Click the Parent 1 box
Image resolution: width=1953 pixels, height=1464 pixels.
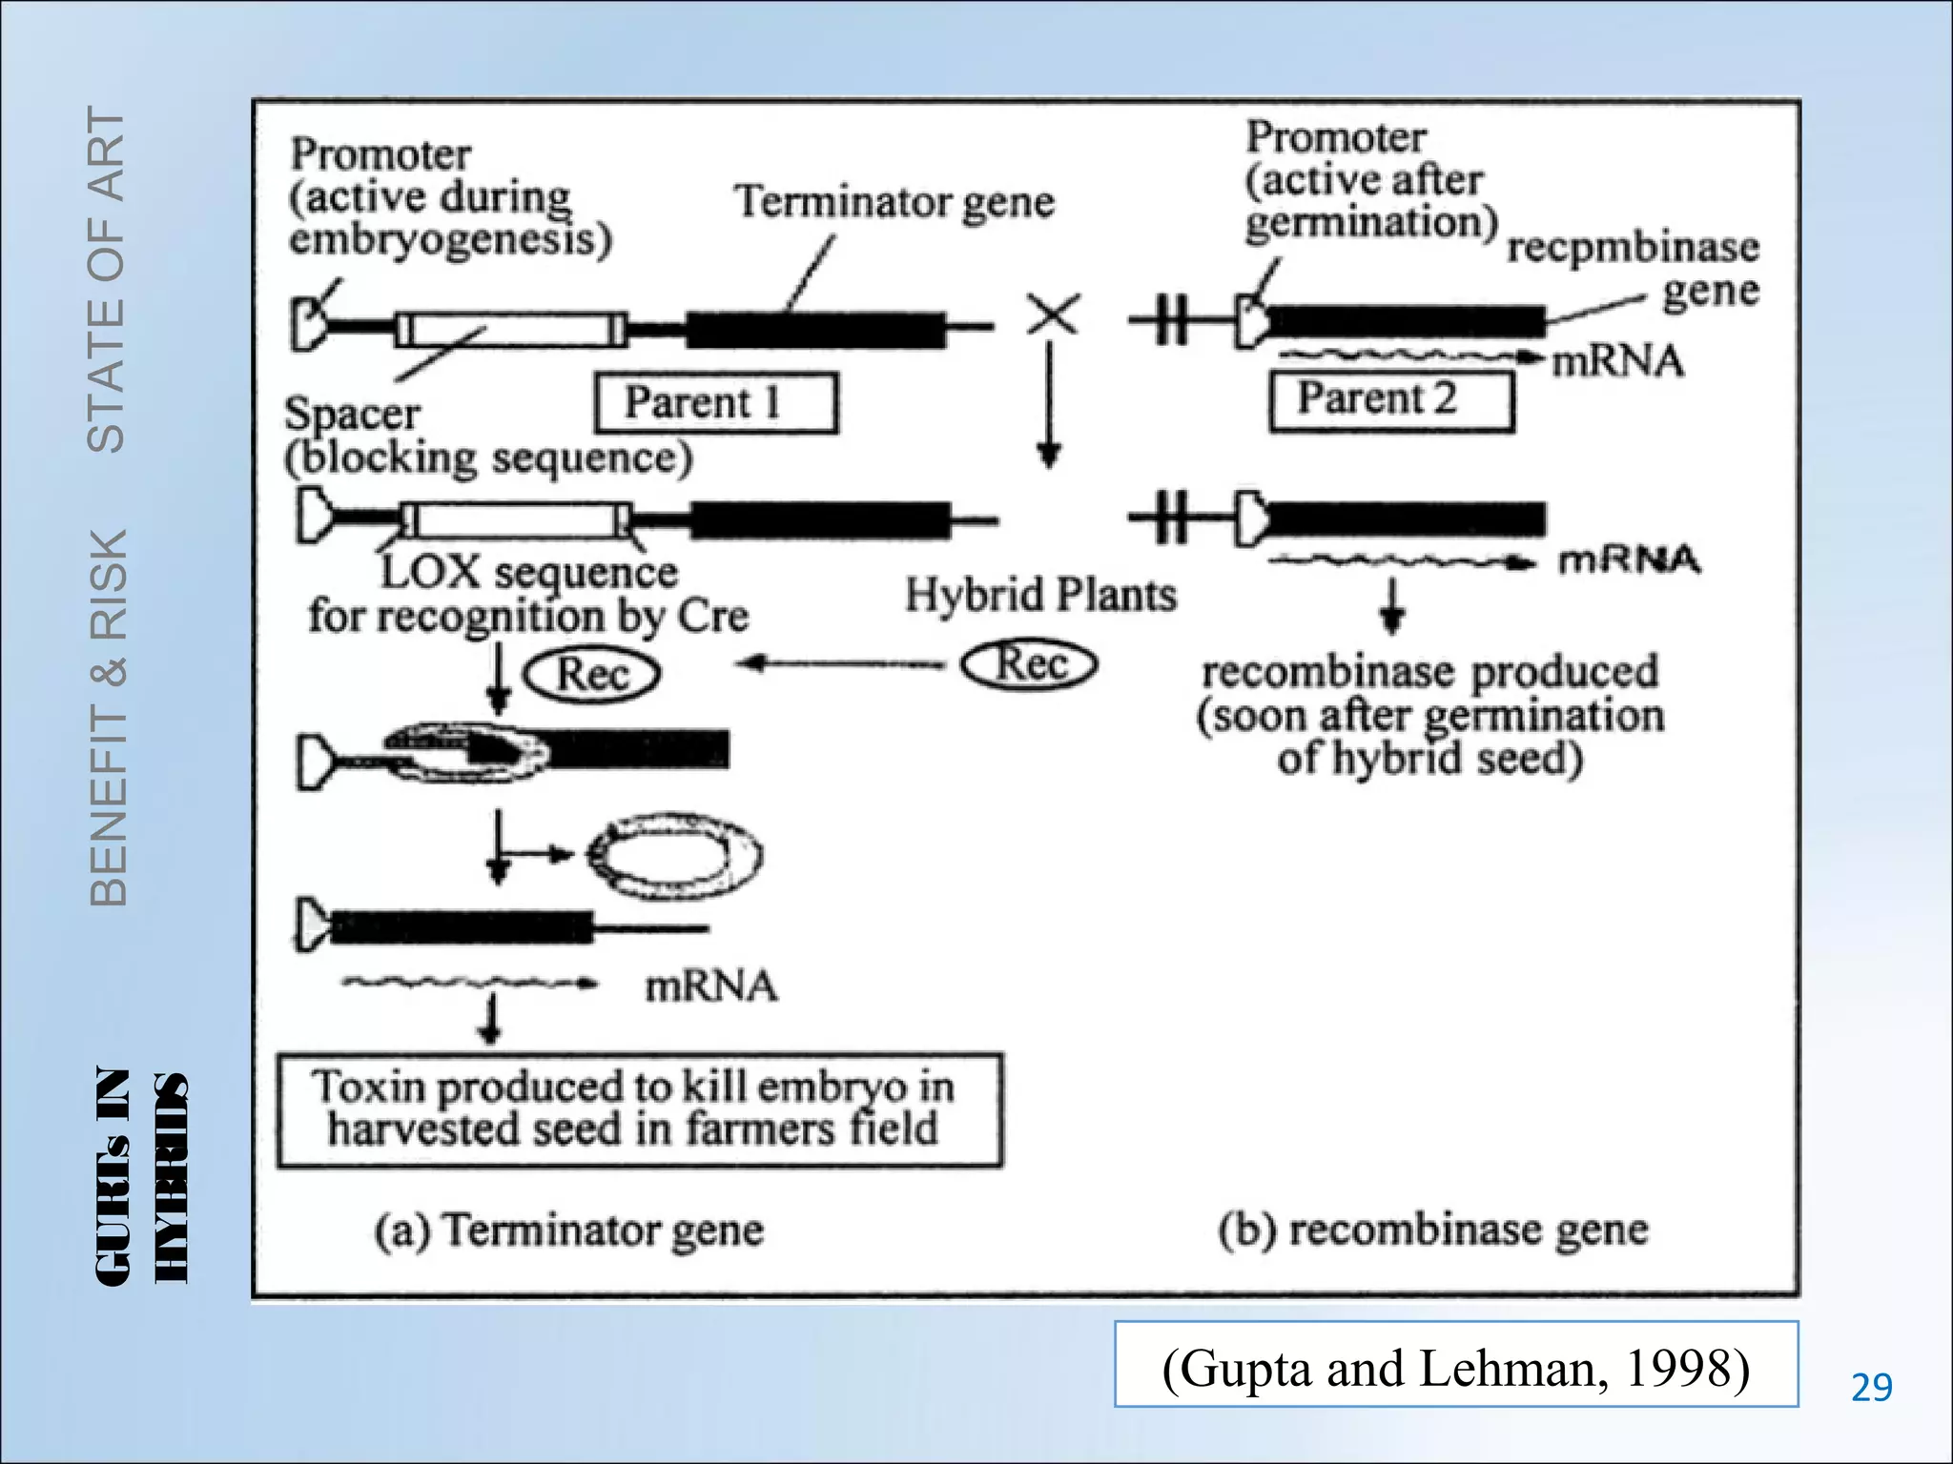coord(716,402)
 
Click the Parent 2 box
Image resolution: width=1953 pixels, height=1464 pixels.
coord(1391,400)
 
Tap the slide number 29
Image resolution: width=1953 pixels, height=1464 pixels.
coord(1871,1387)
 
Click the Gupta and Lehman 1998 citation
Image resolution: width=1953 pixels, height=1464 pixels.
coord(1455,1367)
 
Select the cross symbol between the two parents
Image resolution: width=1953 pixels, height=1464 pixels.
coord(1053,314)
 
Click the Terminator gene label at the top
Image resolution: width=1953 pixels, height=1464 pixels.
coord(894,202)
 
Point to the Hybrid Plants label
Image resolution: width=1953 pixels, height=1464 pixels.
coord(1040,595)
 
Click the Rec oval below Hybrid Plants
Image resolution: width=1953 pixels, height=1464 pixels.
coord(1029,664)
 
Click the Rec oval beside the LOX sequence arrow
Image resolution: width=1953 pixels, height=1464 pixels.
coord(591,675)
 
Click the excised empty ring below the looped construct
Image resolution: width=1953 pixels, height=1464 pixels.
coord(674,855)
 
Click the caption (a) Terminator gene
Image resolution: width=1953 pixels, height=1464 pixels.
coord(568,1230)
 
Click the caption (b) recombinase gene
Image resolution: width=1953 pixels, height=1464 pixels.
coord(1432,1230)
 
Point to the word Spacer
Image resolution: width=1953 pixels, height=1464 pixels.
coord(352,414)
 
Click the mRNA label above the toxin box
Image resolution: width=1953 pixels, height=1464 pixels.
coord(710,986)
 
